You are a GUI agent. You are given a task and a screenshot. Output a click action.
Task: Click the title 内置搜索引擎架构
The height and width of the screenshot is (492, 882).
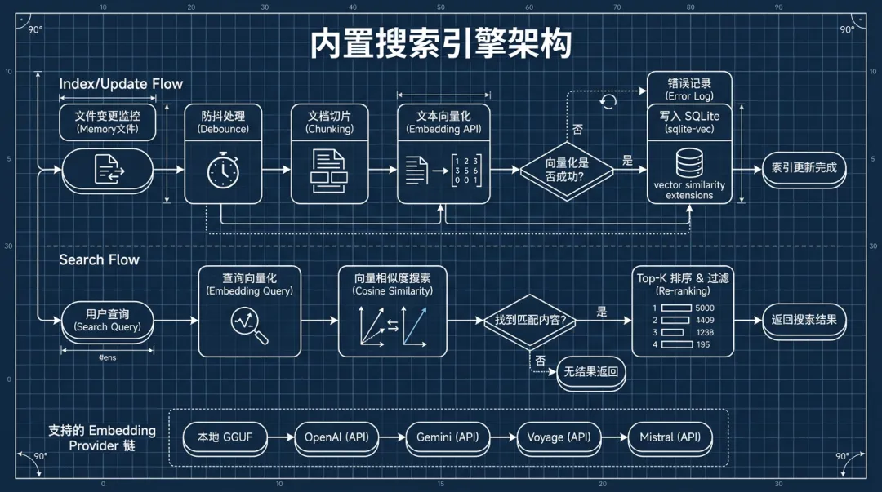coord(440,43)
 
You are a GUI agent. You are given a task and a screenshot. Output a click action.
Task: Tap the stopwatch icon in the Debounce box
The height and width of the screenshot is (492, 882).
coord(222,171)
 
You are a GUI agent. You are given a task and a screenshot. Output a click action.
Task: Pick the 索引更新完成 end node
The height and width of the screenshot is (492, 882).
coord(804,170)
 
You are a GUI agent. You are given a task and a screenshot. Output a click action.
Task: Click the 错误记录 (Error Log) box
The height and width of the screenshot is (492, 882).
coord(689,89)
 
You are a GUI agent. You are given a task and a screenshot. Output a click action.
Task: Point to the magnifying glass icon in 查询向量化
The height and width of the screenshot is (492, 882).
coord(250,325)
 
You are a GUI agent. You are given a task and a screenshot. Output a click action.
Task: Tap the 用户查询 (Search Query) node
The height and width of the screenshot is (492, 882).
coord(107,320)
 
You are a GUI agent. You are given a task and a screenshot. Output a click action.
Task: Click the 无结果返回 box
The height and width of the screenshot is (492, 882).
coord(590,372)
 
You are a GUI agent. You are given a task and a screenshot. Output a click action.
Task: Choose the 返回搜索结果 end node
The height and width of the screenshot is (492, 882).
coord(804,320)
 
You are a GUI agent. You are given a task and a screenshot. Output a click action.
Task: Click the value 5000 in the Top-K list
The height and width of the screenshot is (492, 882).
coord(704,308)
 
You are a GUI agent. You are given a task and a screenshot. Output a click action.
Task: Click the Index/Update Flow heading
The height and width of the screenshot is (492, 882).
coord(121,84)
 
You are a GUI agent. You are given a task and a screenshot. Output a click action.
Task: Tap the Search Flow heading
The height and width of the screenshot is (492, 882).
coord(99,259)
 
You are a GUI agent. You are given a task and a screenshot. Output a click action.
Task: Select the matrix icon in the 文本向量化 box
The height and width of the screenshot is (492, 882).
coord(466,171)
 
